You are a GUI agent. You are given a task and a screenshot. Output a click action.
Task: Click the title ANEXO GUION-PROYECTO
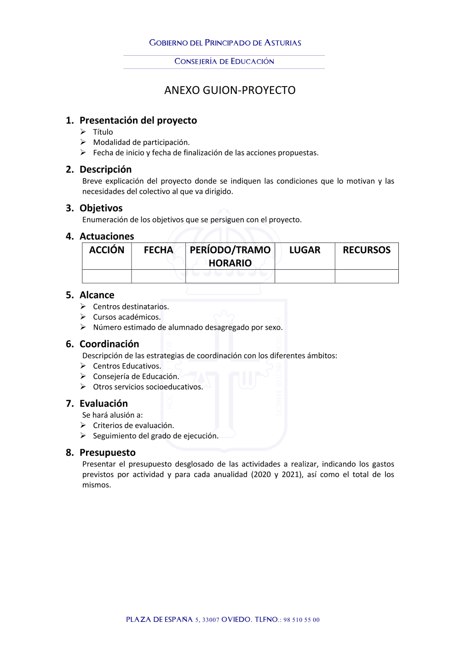[x=230, y=90]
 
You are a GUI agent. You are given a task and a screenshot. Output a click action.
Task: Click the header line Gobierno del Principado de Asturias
[x=225, y=43]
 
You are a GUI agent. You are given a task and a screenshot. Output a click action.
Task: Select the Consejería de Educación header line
[x=224, y=61]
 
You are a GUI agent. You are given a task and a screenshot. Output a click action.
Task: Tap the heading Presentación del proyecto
[x=138, y=120]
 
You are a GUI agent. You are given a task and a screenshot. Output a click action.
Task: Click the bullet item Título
[x=103, y=132]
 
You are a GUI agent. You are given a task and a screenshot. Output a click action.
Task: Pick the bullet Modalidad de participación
[x=141, y=142]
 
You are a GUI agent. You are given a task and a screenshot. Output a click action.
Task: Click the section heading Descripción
[x=105, y=169]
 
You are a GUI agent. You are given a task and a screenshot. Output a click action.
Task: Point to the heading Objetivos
[x=101, y=208]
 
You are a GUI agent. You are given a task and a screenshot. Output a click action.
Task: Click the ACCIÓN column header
[x=107, y=250]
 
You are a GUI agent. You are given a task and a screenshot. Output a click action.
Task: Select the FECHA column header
[x=158, y=250]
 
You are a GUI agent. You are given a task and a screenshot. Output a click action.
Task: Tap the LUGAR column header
[x=305, y=250]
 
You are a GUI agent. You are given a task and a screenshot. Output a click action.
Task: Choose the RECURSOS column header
[x=367, y=250]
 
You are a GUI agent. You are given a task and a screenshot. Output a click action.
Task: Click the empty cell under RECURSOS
[x=367, y=276]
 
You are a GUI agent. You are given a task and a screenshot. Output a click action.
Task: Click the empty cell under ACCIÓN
[x=107, y=276]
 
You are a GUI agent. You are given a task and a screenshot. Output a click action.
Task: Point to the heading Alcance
[x=97, y=295]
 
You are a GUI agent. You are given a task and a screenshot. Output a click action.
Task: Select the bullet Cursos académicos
[x=126, y=317]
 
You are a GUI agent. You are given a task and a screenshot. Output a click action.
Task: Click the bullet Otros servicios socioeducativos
[x=148, y=387]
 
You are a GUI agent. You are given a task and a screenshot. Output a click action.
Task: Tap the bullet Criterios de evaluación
[x=133, y=426]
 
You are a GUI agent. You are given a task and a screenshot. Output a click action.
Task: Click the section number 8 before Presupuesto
[x=69, y=453]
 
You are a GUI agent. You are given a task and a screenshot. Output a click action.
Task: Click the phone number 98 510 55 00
[x=301, y=620]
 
